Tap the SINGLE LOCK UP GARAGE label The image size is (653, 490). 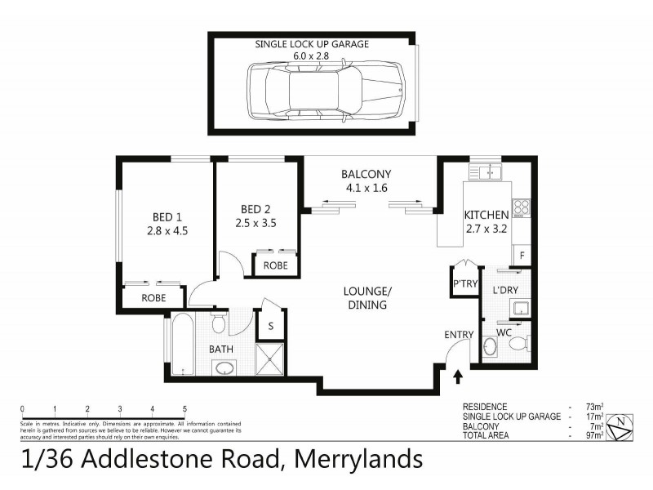pyautogui.click(x=312, y=44)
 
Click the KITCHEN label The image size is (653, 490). pyautogui.click(x=486, y=215)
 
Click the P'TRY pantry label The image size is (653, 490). pyautogui.click(x=464, y=284)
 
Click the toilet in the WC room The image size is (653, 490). pyautogui.click(x=516, y=345)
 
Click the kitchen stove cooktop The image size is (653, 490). pyautogui.click(x=522, y=207)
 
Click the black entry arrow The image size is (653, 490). pyautogui.click(x=458, y=376)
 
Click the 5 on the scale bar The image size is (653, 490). pyautogui.click(x=185, y=408)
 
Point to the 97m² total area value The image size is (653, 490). pyautogui.click(x=594, y=436)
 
